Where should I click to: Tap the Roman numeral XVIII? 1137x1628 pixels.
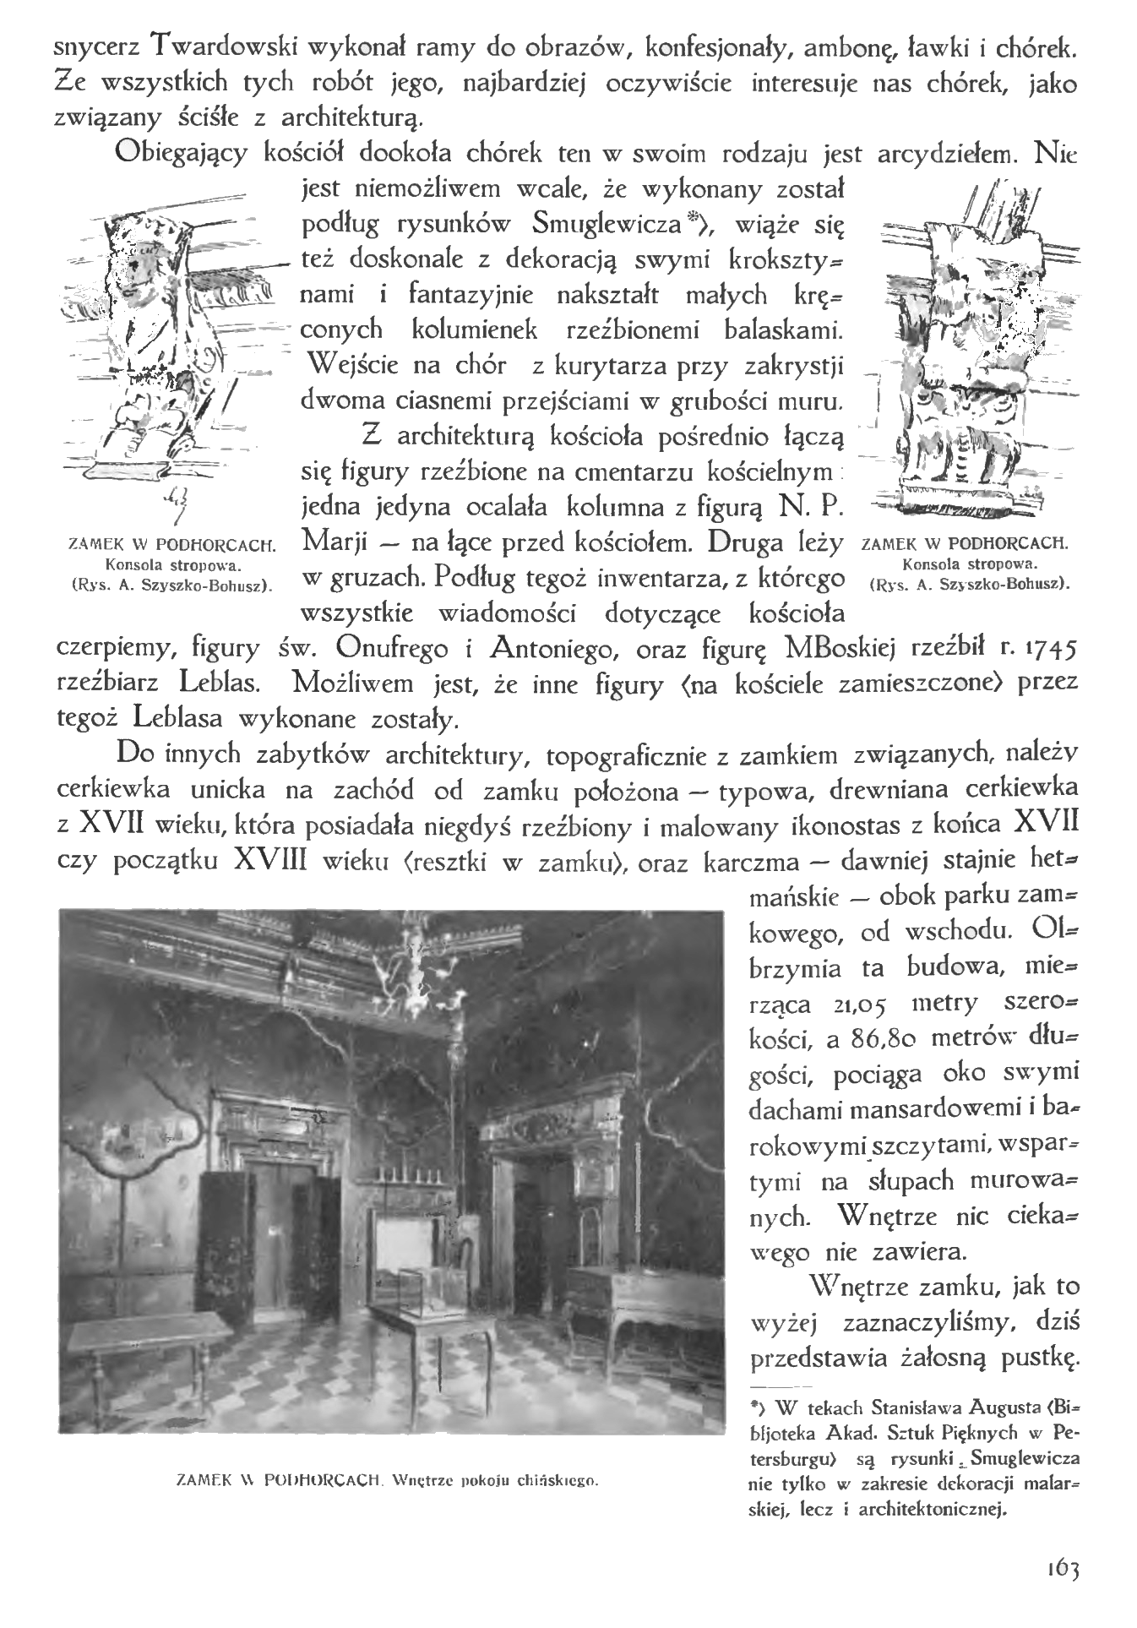[x=270, y=861]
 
